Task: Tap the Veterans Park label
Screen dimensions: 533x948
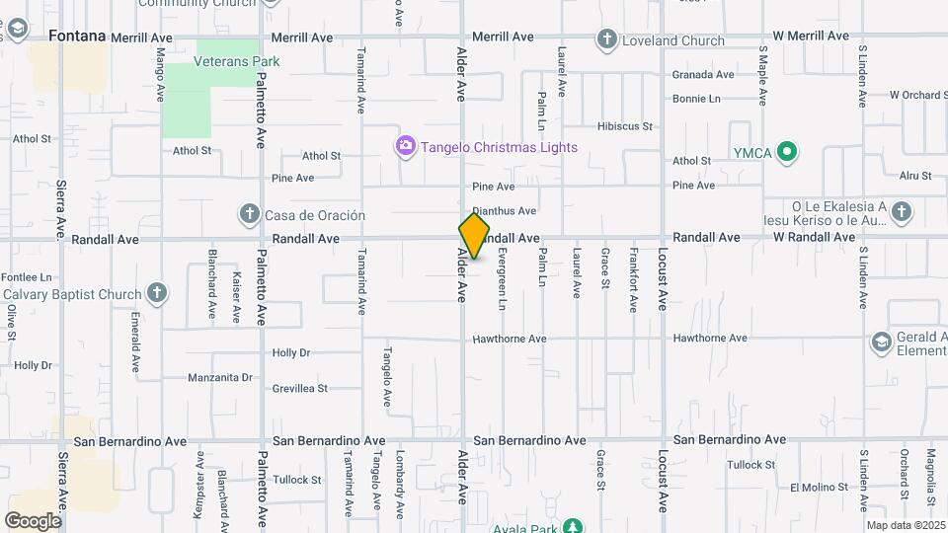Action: click(x=237, y=61)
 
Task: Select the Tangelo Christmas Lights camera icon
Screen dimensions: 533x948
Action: click(x=405, y=147)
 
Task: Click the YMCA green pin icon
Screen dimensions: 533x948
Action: click(x=787, y=152)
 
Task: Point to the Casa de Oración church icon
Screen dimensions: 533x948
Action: click(x=249, y=214)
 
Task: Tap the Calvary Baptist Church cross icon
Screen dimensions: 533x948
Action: click(x=156, y=293)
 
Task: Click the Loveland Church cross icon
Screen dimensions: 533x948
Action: click(x=606, y=40)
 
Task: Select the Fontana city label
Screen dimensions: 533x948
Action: click(x=77, y=37)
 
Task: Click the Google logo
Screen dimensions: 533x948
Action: click(x=33, y=520)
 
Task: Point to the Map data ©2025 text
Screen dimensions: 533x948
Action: click(x=906, y=526)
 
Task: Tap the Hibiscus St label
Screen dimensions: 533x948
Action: click(x=625, y=126)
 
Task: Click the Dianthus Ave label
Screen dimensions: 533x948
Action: click(x=504, y=210)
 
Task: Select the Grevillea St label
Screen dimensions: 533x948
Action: click(x=300, y=389)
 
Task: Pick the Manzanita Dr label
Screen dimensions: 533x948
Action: click(x=220, y=377)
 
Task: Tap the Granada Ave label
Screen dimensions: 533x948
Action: click(x=703, y=74)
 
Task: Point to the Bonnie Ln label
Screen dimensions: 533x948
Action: click(x=696, y=99)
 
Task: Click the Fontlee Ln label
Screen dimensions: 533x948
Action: click(x=27, y=277)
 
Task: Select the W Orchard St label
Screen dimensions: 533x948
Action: click(x=918, y=95)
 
